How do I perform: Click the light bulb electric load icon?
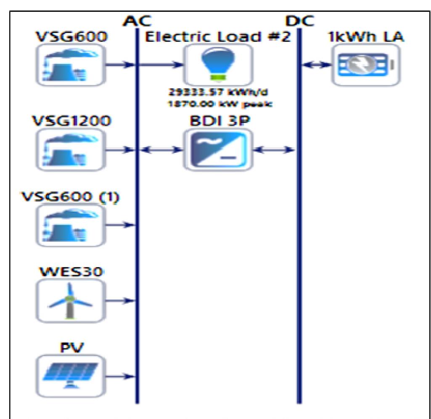(x=218, y=65)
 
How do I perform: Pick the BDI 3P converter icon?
(x=218, y=149)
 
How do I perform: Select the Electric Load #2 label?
(x=218, y=37)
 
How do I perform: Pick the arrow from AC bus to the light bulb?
(x=162, y=65)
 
